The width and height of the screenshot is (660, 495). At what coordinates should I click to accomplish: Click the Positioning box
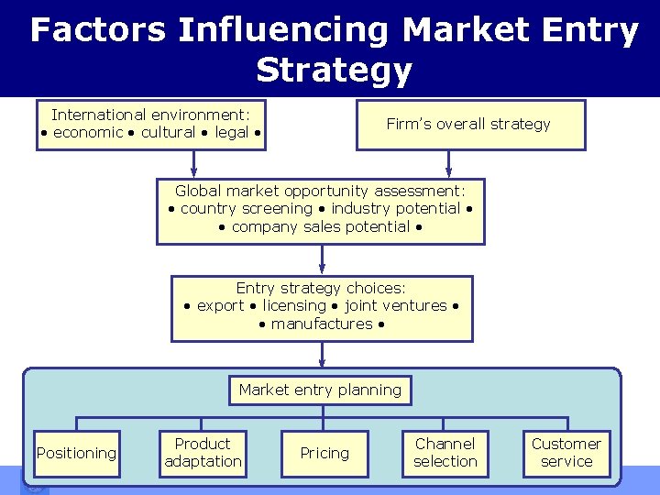[76, 453]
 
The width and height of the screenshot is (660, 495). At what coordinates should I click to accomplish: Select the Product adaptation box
[203, 453]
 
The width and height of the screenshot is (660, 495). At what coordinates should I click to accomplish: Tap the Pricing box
[324, 453]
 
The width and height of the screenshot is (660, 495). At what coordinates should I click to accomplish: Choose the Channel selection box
[445, 453]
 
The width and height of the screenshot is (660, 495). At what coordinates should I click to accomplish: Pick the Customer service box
[566, 453]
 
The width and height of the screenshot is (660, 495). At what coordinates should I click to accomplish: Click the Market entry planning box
[320, 390]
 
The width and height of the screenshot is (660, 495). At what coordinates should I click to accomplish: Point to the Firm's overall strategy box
[468, 125]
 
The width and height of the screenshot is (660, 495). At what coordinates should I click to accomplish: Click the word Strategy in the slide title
[334, 70]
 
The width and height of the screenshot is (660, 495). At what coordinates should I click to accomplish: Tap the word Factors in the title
[98, 30]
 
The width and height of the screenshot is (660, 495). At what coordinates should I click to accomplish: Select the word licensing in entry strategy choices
[294, 305]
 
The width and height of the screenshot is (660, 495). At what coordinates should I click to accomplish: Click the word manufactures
[322, 324]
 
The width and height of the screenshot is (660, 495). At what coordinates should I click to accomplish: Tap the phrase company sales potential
[320, 226]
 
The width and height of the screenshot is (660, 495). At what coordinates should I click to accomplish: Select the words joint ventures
[395, 305]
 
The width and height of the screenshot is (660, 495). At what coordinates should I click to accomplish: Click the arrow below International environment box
[194, 163]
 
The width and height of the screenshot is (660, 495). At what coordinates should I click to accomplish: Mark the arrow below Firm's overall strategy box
[448, 163]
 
